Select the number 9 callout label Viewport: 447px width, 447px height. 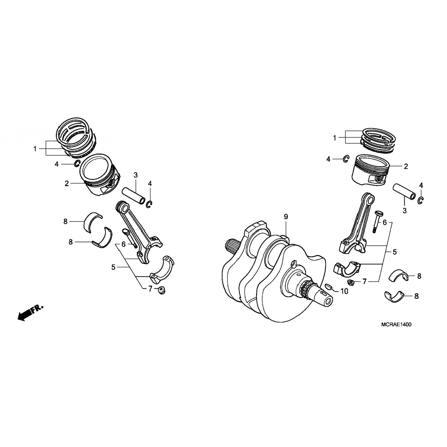pos(286,217)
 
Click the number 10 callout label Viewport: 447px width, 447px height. pos(344,291)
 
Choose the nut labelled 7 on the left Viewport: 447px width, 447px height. pos(161,290)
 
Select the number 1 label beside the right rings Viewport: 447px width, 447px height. pos(335,138)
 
